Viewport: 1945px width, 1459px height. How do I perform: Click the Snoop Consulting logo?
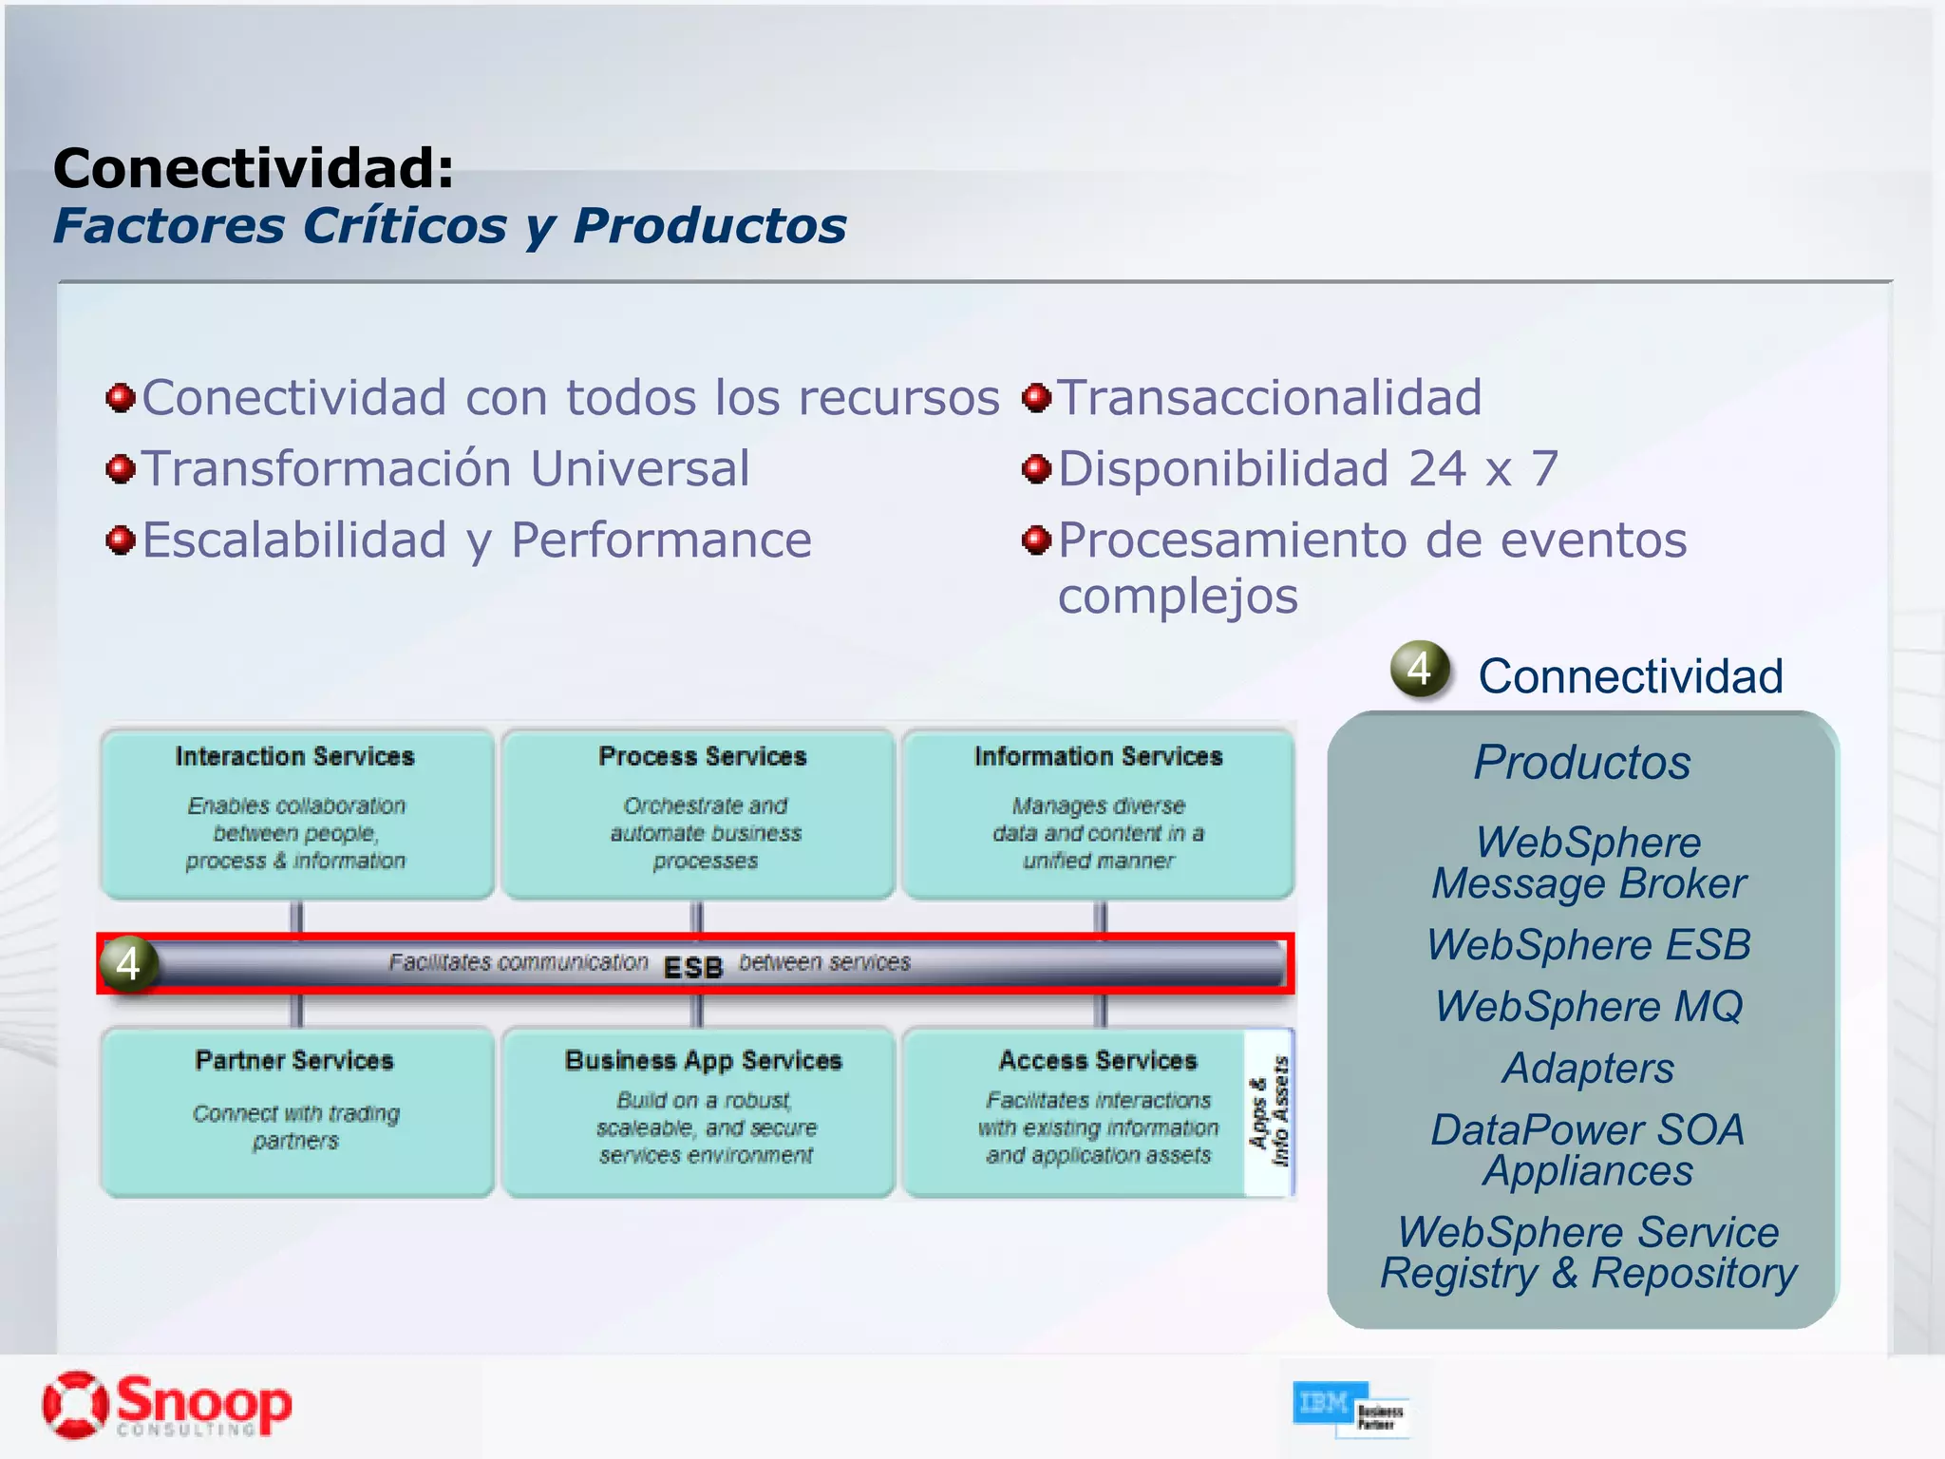pos(166,1404)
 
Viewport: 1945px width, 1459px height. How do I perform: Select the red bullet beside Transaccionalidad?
pos(1036,397)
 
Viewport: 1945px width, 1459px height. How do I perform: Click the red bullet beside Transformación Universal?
pos(121,468)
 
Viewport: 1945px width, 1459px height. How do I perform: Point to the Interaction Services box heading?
pos(295,756)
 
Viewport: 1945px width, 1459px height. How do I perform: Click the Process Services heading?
pos(702,756)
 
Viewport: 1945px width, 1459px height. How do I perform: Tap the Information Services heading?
pos(1098,756)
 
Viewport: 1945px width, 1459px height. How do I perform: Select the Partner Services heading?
pos(294,1060)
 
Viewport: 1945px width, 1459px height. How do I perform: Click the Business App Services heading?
pos(703,1060)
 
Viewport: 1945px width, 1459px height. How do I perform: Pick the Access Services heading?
pos(1098,1060)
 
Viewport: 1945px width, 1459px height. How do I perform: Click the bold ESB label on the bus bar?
pos(693,967)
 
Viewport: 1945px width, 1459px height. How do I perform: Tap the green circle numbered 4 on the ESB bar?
pos(129,964)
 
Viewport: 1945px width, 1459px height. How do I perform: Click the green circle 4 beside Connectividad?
pos(1420,669)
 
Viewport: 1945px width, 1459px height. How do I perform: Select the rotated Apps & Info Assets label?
pos(1270,1111)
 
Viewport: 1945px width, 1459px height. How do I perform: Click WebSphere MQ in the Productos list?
pos(1588,1006)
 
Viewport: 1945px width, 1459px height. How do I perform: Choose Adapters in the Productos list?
pos(1588,1068)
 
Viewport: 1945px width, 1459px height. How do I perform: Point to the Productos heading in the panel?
pos(1582,762)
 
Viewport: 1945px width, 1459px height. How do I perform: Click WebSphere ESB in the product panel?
pos(1588,944)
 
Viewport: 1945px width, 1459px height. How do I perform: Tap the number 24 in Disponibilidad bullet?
pos(1437,468)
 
